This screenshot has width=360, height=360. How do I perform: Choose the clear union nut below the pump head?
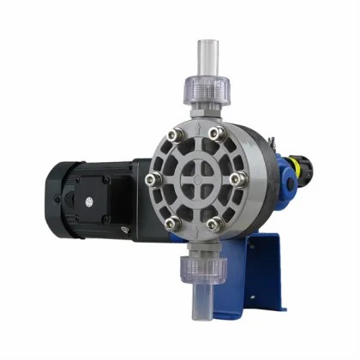201,272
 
